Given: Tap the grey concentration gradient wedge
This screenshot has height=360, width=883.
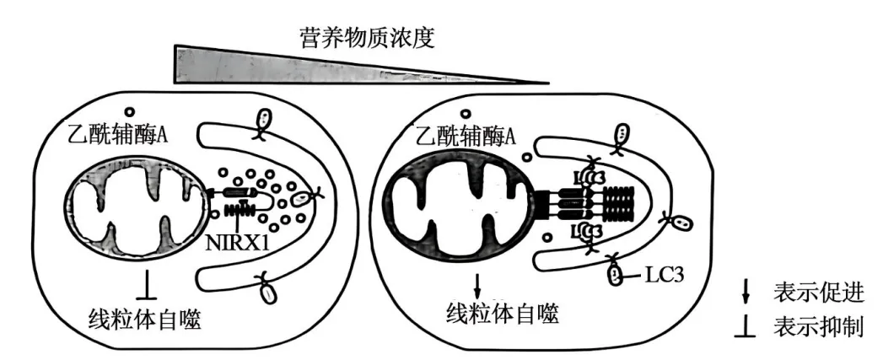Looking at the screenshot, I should (278, 67).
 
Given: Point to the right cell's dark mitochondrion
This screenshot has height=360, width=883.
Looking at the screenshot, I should (459, 205).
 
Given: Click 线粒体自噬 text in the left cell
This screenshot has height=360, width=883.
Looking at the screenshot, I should (146, 318).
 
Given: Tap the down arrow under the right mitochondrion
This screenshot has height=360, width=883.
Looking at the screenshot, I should (477, 283).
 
